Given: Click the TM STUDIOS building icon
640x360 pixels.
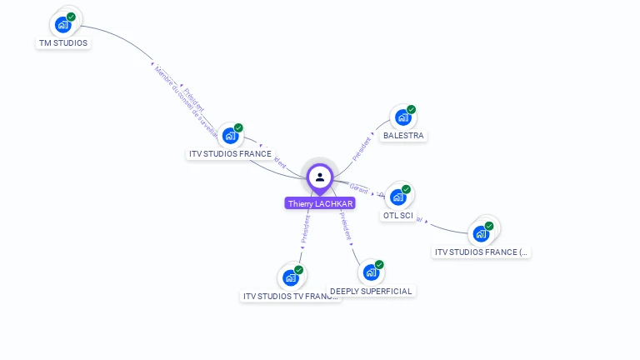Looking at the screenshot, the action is click(x=62, y=25).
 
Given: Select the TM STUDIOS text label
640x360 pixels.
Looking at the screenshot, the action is click(x=63, y=43).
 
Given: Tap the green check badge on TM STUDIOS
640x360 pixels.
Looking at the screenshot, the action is click(x=71, y=17).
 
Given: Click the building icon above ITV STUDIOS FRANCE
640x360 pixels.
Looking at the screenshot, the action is click(x=230, y=136).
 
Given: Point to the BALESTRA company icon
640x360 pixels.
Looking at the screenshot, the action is click(x=402, y=118).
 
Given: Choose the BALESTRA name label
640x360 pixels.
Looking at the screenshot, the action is click(x=403, y=136).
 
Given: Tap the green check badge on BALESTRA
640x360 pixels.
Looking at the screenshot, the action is click(x=411, y=110).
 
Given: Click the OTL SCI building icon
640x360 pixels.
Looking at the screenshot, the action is click(x=397, y=197).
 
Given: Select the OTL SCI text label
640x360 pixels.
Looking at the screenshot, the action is click(x=397, y=216).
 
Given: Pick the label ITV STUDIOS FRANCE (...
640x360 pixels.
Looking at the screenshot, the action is click(x=482, y=252).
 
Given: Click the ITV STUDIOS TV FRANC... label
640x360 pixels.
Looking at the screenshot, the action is click(x=291, y=296).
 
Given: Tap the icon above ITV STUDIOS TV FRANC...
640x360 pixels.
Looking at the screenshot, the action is click(x=290, y=277).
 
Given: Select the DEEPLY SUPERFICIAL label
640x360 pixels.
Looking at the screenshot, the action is click(x=371, y=291).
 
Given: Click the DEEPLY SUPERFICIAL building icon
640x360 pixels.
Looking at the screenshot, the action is click(x=371, y=272).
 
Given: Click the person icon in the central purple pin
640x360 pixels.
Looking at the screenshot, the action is click(x=320, y=177).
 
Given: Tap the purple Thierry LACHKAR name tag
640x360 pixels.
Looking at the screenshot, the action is click(x=320, y=203).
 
